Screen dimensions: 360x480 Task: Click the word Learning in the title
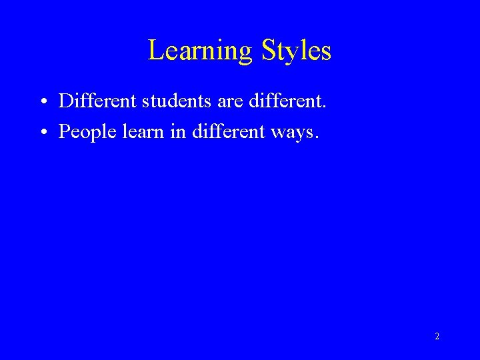(x=200, y=51)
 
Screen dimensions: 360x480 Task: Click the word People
(x=83, y=133)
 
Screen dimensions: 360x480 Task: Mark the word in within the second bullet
(x=178, y=132)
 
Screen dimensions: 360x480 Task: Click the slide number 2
(x=437, y=337)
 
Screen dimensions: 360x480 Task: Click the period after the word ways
(x=317, y=137)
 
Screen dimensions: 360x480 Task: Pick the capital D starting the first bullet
(x=65, y=101)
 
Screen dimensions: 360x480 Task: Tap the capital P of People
(x=64, y=132)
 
